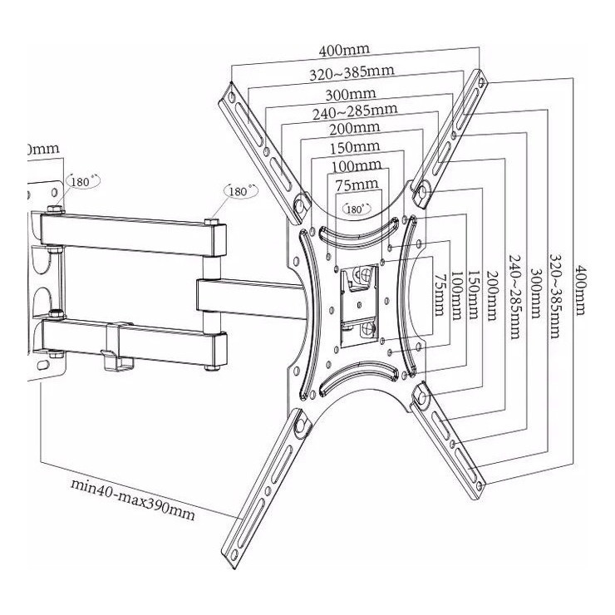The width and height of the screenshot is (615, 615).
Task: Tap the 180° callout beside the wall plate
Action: pos(85,180)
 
